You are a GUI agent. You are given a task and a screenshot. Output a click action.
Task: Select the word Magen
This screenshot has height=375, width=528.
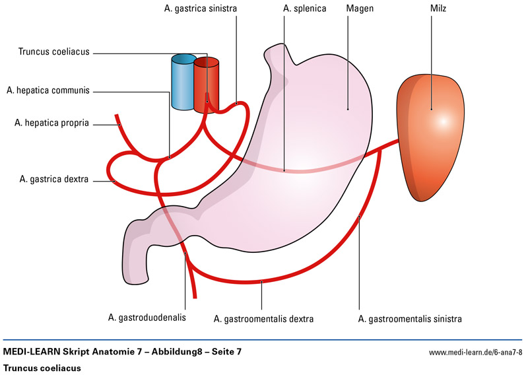(358, 9)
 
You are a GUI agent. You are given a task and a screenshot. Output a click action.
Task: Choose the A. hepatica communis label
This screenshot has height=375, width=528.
(48, 90)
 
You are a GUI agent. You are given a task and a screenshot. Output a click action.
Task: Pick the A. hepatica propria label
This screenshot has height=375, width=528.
(50, 122)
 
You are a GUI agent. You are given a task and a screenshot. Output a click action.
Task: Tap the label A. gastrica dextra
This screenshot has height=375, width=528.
(55, 179)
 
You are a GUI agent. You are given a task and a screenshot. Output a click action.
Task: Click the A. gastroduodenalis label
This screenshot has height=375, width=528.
(147, 318)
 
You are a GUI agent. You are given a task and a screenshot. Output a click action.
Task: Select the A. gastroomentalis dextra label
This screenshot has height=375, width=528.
(263, 319)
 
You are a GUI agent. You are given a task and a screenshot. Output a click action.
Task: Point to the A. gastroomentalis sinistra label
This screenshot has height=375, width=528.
(409, 319)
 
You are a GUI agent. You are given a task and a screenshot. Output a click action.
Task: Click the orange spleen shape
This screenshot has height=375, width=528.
(429, 142)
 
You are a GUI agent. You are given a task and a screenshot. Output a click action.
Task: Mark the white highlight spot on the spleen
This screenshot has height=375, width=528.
(443, 121)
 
